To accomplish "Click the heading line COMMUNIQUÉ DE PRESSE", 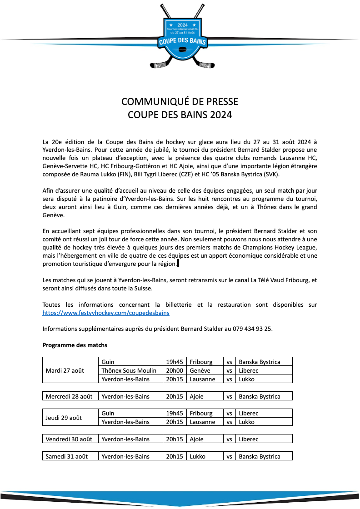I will coord(180,101).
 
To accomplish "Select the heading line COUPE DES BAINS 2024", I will coord(180,115).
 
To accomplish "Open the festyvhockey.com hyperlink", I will coord(106,313).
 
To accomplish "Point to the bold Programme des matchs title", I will coord(75,345).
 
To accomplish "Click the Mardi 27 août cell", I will coord(65,370).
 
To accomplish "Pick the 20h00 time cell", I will coord(175,370).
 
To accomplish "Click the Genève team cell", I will coord(200,370).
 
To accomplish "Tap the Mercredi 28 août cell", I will coord(69,396).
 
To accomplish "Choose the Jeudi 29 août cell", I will coord(64,418).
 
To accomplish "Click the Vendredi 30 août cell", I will coord(69,439).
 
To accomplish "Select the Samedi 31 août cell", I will coord(67,456).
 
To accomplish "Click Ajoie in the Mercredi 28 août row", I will coord(197,396).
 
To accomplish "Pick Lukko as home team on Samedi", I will coord(198,456).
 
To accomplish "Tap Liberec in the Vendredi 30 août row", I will coord(249,439).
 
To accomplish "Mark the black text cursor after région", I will coord(178,264).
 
